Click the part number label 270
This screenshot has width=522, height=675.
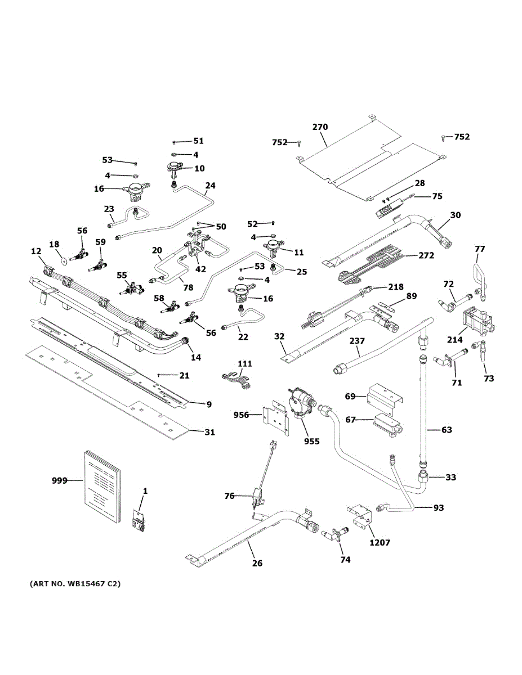320,127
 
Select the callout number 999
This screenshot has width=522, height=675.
59,480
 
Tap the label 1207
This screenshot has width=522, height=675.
380,543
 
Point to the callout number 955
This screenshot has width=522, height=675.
311,442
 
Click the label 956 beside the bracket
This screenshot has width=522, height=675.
242,415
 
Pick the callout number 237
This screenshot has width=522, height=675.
358,341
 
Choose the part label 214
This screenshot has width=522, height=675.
455,339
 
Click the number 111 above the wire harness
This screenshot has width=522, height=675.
244,364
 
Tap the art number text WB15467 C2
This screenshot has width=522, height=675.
75,584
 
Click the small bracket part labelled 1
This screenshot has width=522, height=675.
139,520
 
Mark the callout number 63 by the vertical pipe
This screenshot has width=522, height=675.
447,430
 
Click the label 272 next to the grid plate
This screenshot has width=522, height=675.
426,255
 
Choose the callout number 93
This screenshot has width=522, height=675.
439,508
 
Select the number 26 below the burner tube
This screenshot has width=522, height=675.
257,563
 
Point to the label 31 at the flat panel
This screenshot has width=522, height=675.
209,432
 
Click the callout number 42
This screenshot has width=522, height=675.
200,269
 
